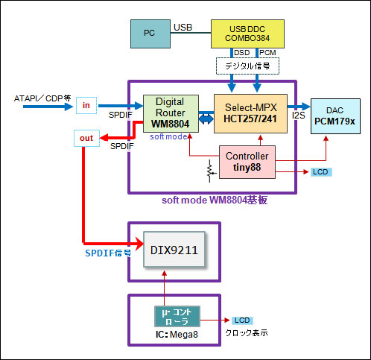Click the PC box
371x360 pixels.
[150, 34]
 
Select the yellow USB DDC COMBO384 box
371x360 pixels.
[247, 34]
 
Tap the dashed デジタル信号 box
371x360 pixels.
[247, 66]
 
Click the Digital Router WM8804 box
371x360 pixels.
[171, 113]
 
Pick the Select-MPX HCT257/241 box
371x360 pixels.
[250, 113]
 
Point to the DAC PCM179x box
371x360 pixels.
[335, 116]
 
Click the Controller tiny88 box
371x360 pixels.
[247, 162]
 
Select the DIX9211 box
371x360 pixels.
[174, 250]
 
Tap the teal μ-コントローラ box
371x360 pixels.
[177, 316]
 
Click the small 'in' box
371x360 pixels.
[86, 105]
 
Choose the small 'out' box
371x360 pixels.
[86, 138]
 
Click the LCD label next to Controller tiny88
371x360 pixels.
[321, 172]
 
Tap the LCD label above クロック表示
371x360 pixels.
[242, 320]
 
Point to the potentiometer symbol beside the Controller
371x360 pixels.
[210, 171]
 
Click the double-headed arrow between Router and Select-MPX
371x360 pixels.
[206, 119]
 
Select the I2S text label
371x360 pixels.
[298, 116]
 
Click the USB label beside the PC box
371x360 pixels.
[183, 28]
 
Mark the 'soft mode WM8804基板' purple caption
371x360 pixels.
[215, 200]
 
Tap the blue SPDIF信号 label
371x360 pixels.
[108, 253]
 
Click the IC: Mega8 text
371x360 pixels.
[177, 335]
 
